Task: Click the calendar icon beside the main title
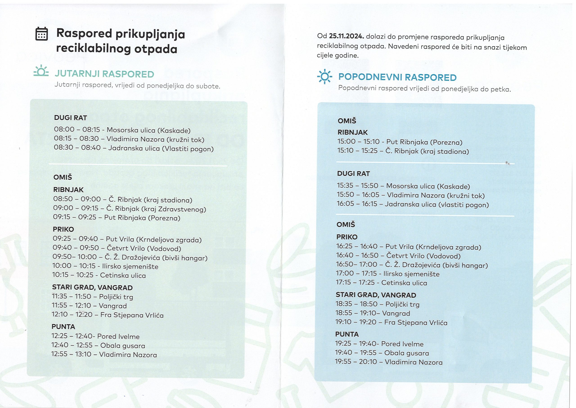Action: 42,34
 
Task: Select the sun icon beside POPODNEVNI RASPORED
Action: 325,76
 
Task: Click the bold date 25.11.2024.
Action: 346,36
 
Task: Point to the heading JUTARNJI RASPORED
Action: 104,74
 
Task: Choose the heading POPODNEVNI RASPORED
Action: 397,77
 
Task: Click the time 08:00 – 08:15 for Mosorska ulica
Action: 77,129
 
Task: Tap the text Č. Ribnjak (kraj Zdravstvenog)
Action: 156,209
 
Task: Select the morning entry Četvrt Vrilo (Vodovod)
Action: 144,249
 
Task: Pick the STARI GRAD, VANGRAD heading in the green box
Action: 92,287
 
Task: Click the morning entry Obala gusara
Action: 123,346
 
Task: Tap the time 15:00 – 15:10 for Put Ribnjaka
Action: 358,142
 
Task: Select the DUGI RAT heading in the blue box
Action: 353,174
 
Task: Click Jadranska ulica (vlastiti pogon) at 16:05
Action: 437,205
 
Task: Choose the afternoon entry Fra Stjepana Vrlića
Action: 416,323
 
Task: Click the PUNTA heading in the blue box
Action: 347,334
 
